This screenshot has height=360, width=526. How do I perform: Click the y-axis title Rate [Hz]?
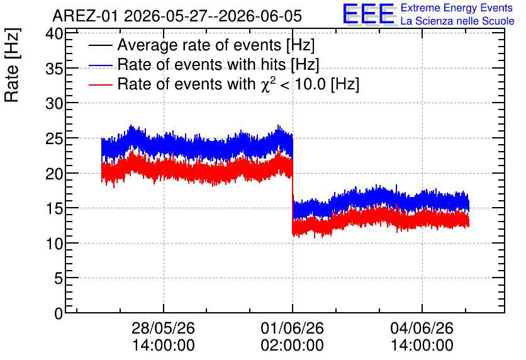point(12,65)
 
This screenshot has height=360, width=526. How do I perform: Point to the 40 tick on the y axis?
point(54,34)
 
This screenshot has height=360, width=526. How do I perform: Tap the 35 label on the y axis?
point(54,69)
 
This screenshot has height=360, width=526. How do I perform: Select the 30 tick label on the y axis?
point(54,104)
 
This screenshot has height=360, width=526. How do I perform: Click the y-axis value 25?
point(54,138)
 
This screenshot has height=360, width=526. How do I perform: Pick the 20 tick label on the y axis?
point(54,174)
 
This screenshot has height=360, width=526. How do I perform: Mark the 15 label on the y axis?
point(54,209)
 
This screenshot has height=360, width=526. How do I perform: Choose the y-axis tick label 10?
point(54,244)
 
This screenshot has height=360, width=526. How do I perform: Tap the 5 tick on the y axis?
point(59,278)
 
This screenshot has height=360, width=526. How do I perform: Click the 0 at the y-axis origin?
point(59,313)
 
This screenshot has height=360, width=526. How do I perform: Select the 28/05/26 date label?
point(164,328)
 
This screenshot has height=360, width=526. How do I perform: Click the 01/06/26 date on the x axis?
point(292,328)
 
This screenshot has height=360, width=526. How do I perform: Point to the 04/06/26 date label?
point(422,328)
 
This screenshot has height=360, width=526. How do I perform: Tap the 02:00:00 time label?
point(292,346)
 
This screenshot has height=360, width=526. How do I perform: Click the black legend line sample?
point(101,45)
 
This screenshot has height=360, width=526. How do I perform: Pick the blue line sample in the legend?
point(101,65)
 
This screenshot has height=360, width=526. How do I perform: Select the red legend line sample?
point(101,84)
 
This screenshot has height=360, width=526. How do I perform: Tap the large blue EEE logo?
point(369,14)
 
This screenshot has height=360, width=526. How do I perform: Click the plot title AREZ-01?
point(86,16)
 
